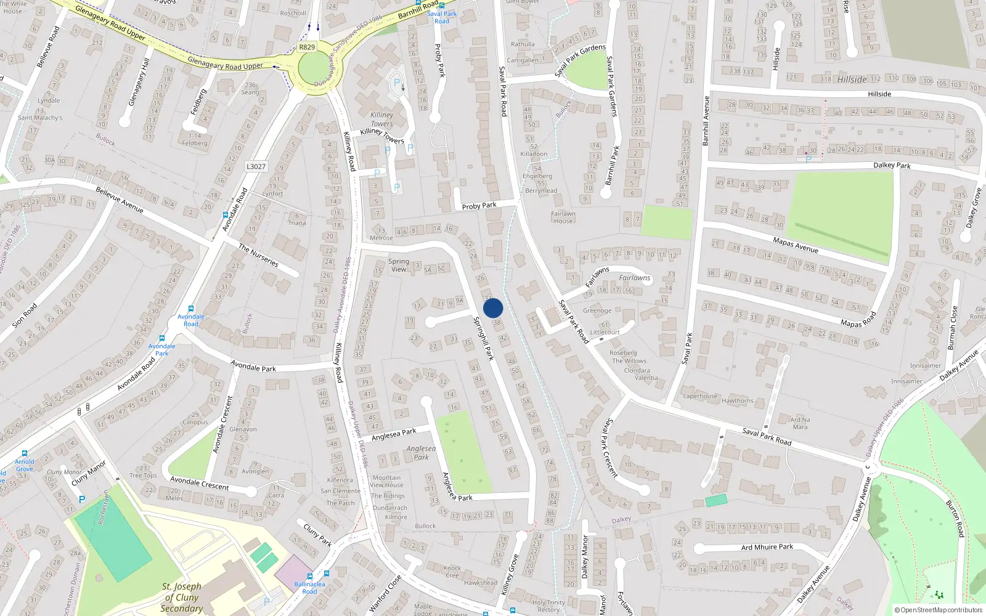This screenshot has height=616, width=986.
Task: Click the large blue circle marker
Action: click(493, 308)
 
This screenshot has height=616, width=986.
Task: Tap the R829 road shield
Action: click(307, 47)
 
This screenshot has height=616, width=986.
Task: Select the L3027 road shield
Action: click(256, 166)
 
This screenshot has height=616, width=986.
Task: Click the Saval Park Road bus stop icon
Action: click(442, 5)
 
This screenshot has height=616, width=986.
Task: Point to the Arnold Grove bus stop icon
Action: click(25, 453)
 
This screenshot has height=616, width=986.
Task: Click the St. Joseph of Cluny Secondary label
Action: click(182, 598)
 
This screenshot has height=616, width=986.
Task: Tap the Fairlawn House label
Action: click(563, 217)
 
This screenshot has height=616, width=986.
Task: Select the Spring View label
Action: click(399, 265)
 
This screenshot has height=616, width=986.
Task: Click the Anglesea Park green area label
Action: click(421, 453)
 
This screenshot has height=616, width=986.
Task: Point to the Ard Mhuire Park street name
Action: click(767, 547)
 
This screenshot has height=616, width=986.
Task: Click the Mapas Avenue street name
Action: click(796, 245)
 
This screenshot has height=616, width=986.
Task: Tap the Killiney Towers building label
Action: click(382, 119)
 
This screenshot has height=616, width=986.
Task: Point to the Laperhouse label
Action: click(700, 396)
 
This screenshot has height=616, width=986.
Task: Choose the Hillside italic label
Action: click(852, 79)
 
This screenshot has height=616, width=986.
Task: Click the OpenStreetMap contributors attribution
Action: click(939, 610)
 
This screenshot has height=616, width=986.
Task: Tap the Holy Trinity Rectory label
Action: click(548, 606)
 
